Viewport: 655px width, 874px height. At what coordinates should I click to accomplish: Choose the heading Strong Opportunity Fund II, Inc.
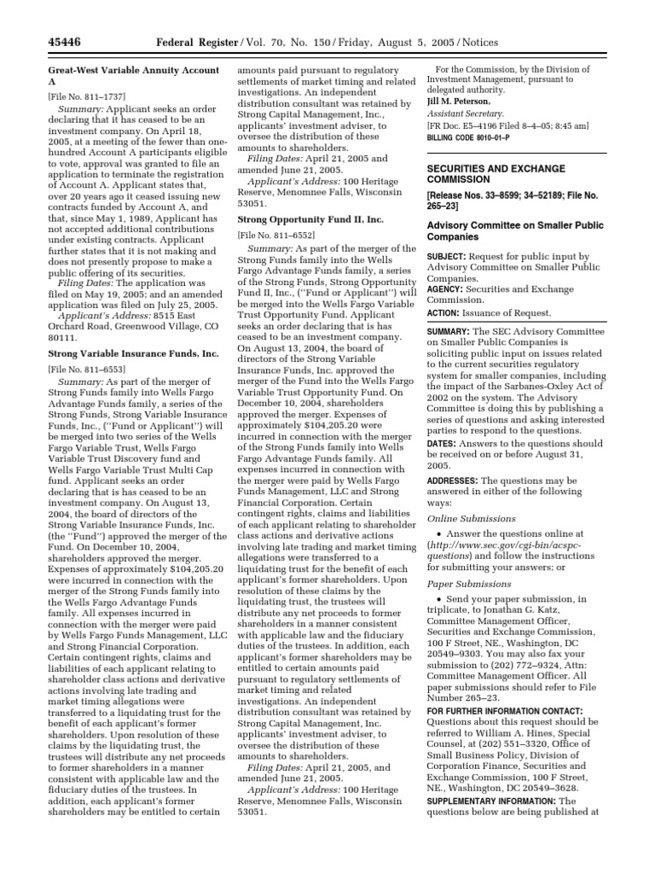[x=310, y=219]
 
